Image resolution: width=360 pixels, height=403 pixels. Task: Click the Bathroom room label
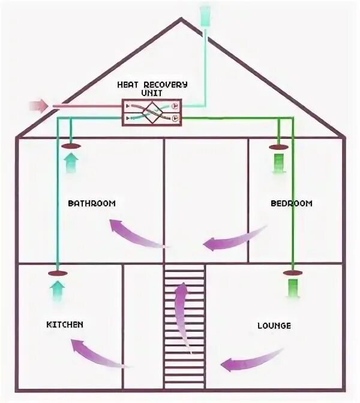click(x=91, y=203)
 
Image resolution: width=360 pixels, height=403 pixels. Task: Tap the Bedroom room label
click(x=291, y=203)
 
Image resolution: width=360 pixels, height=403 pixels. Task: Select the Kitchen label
click(x=65, y=324)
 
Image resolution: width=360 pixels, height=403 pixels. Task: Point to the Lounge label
click(x=274, y=326)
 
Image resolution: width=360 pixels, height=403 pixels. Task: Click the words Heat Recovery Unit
click(x=152, y=89)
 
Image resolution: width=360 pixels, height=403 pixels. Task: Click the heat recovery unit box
click(x=152, y=112)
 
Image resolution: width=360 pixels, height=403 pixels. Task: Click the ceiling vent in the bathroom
click(x=71, y=145)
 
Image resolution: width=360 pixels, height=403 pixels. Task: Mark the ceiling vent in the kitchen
click(x=56, y=273)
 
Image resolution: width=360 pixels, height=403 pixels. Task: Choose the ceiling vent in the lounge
click(x=293, y=273)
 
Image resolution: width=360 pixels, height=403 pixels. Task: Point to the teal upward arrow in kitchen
click(x=56, y=290)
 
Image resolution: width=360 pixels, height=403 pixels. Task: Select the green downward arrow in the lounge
click(x=293, y=289)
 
